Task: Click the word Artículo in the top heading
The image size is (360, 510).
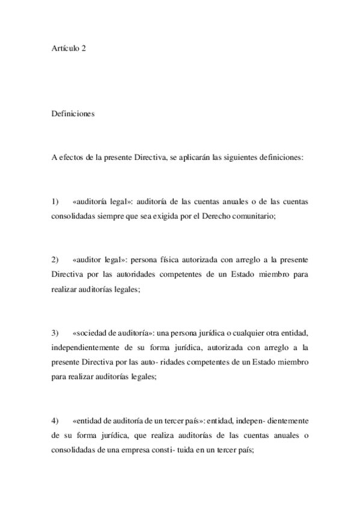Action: tap(65, 48)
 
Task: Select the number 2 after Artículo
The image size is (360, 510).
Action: tap(84, 48)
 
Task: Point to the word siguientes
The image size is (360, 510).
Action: tap(239, 158)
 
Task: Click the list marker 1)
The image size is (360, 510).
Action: tap(55, 201)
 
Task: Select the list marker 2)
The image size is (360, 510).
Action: tap(55, 259)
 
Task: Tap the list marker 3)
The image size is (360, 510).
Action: tap(55, 333)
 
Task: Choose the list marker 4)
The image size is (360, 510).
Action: tap(55, 421)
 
